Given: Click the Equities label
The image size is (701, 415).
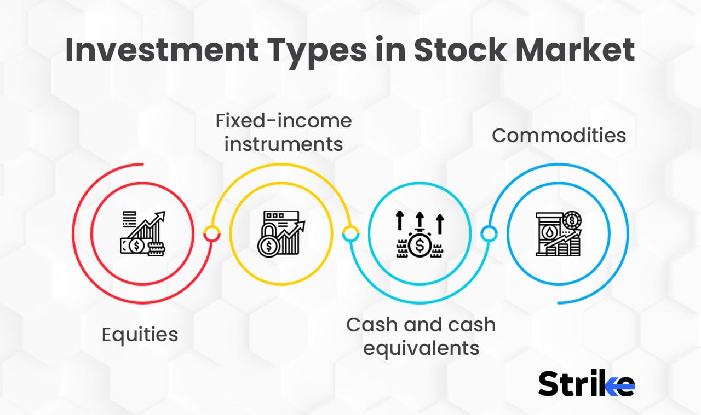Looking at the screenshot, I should (140, 334).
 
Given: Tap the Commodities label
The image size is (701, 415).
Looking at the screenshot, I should (559, 135).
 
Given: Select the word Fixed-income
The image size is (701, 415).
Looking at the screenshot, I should (283, 121).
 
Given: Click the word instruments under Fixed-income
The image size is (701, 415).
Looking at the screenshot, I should (283, 144).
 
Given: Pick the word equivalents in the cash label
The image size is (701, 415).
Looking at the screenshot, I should (421, 348).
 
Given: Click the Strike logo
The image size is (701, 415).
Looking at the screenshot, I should (586, 383).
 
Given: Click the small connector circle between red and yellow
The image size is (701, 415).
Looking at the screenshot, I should (212, 233).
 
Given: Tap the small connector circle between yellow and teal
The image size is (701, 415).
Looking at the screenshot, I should (350, 233).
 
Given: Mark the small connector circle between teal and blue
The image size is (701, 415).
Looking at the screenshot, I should (489, 234).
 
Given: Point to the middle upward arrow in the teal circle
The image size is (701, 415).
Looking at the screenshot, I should (420, 219).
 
